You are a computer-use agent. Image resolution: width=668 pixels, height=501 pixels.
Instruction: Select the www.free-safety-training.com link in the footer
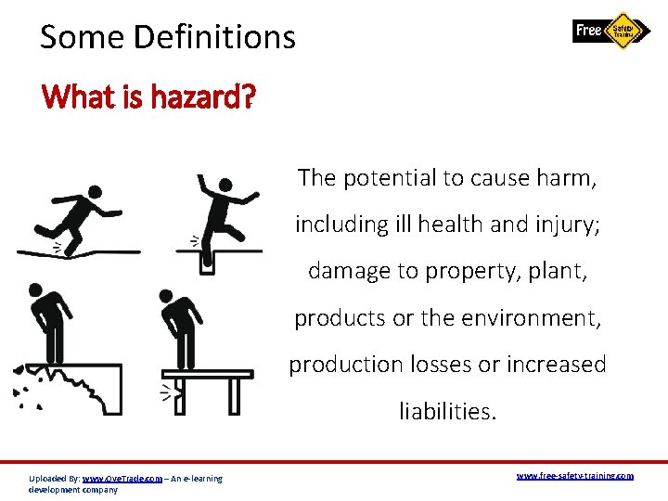coord(574,475)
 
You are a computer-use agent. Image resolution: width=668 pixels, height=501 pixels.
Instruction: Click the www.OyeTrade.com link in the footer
coord(122,479)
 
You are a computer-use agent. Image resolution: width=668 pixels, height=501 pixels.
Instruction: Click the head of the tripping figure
coord(94,194)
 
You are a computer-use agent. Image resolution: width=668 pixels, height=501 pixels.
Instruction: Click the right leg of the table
coord(235,394)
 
